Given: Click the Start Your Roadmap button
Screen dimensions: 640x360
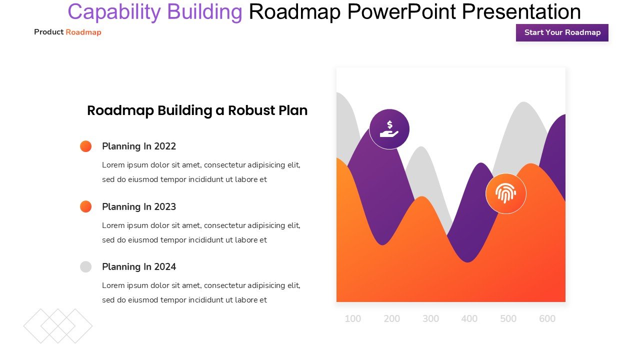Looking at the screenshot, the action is click(562, 32).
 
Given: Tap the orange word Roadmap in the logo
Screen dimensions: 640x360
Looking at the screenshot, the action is click(83, 32).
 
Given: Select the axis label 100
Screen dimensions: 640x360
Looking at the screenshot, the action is click(353, 318).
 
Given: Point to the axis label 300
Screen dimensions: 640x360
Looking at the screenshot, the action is click(430, 318).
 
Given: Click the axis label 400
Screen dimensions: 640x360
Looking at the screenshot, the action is click(469, 318).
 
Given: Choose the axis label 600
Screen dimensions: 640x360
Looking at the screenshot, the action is click(547, 318).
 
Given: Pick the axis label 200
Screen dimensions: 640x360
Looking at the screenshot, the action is click(391, 318).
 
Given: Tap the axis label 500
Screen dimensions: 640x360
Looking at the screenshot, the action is click(508, 318).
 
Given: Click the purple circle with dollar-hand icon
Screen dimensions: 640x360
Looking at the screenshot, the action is click(389, 129).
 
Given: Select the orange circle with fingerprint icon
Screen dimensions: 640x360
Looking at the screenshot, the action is click(506, 193).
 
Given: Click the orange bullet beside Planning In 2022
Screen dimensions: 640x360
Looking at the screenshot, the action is click(85, 146).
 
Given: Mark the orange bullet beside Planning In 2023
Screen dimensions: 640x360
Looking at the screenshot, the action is click(85, 206).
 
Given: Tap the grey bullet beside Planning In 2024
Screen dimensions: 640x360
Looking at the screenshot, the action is click(85, 267).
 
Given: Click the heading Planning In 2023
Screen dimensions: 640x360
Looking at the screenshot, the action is click(139, 207).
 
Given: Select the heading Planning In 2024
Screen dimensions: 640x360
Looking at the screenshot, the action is click(139, 267).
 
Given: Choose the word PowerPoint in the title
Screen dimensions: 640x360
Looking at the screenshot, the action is click(401, 11).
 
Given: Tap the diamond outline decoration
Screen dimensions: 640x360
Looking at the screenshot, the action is click(58, 326).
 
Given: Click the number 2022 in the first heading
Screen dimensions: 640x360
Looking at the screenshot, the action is click(165, 146).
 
